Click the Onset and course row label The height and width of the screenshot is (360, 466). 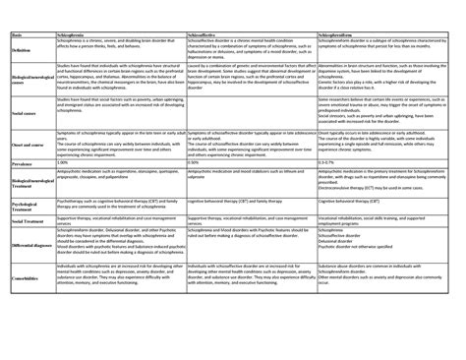29,171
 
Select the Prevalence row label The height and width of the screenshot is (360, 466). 22,190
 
